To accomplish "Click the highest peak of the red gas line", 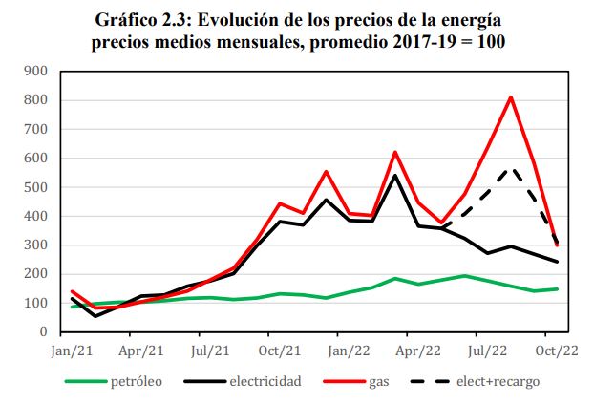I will pyautogui.click(x=511, y=96).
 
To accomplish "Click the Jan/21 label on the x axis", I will pyautogui.click(x=72, y=350).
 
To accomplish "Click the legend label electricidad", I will pyautogui.click(x=265, y=382).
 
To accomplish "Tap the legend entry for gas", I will pyautogui.click(x=379, y=382).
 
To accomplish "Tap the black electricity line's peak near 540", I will pyautogui.click(x=395, y=175).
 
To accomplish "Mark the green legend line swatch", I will pyautogui.click(x=85, y=382).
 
